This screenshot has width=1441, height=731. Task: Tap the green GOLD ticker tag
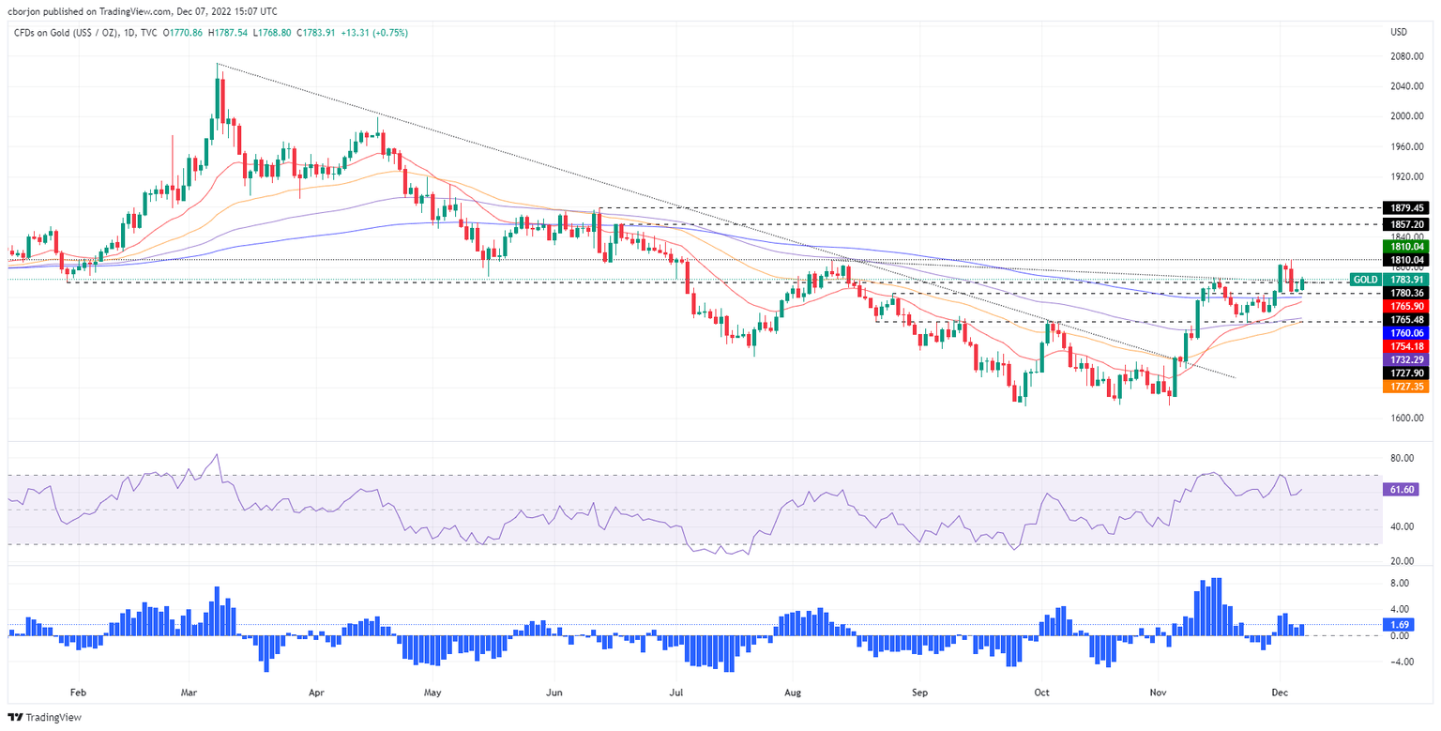click(x=1366, y=279)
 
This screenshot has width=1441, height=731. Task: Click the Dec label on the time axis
click(x=1279, y=693)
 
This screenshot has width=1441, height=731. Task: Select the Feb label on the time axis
click(x=78, y=693)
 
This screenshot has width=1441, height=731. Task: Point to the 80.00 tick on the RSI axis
click(x=1402, y=458)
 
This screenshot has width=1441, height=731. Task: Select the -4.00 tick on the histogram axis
click(x=1402, y=662)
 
